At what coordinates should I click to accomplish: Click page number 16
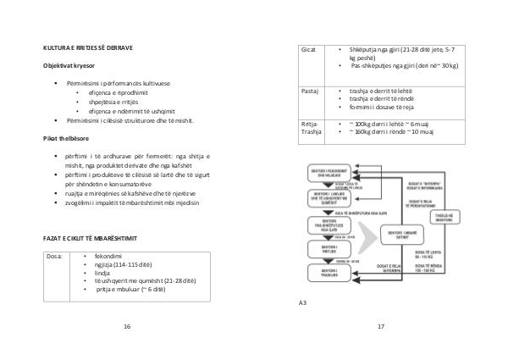point(127,326)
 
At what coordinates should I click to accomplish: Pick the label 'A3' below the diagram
point(303,302)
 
